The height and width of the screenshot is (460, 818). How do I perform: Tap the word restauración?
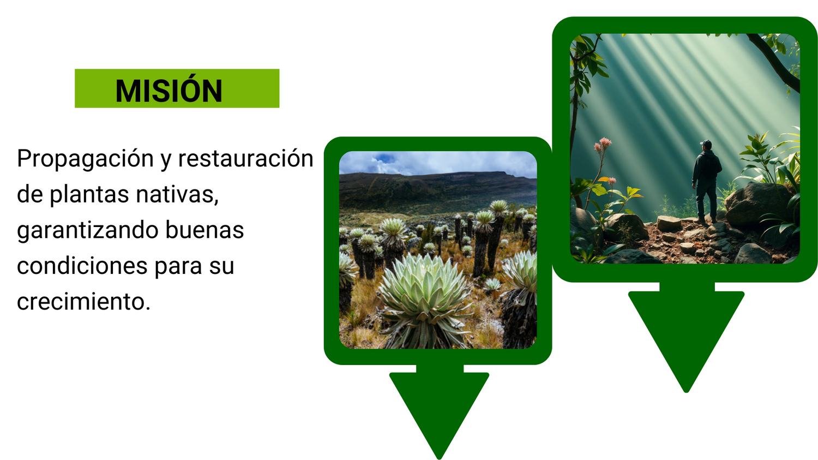click(246, 159)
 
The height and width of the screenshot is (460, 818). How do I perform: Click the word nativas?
click(177, 194)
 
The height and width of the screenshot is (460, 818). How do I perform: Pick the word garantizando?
click(87, 231)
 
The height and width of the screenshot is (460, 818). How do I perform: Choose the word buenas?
click(204, 230)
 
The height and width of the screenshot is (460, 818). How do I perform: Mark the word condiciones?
click(82, 266)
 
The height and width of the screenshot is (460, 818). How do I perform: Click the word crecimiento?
click(83, 301)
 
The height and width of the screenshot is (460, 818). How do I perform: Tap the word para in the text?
click(178, 267)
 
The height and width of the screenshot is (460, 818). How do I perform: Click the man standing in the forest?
click(706, 182)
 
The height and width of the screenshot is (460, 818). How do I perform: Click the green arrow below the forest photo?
click(686, 336)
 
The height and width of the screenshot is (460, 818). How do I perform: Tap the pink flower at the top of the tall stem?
click(605, 142)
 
